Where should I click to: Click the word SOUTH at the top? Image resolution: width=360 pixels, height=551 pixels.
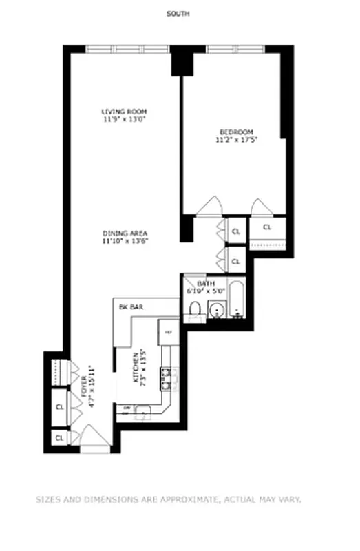coord(180,14)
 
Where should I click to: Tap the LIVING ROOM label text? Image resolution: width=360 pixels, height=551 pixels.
coord(124,112)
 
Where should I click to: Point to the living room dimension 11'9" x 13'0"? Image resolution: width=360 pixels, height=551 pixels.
coord(124,119)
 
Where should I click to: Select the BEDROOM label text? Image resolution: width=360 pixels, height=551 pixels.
coord(236,132)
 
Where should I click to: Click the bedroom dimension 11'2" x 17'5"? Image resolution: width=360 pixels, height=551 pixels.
coord(236,140)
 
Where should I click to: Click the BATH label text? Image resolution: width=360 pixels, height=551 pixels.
coord(206,284)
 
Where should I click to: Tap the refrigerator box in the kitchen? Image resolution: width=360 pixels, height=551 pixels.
coord(168,331)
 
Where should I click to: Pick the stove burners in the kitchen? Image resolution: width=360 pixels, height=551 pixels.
coord(167,377)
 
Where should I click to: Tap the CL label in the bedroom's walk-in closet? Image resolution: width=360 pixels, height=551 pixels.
coord(267,227)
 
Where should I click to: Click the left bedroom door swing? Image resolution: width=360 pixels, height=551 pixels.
coord(209,206)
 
